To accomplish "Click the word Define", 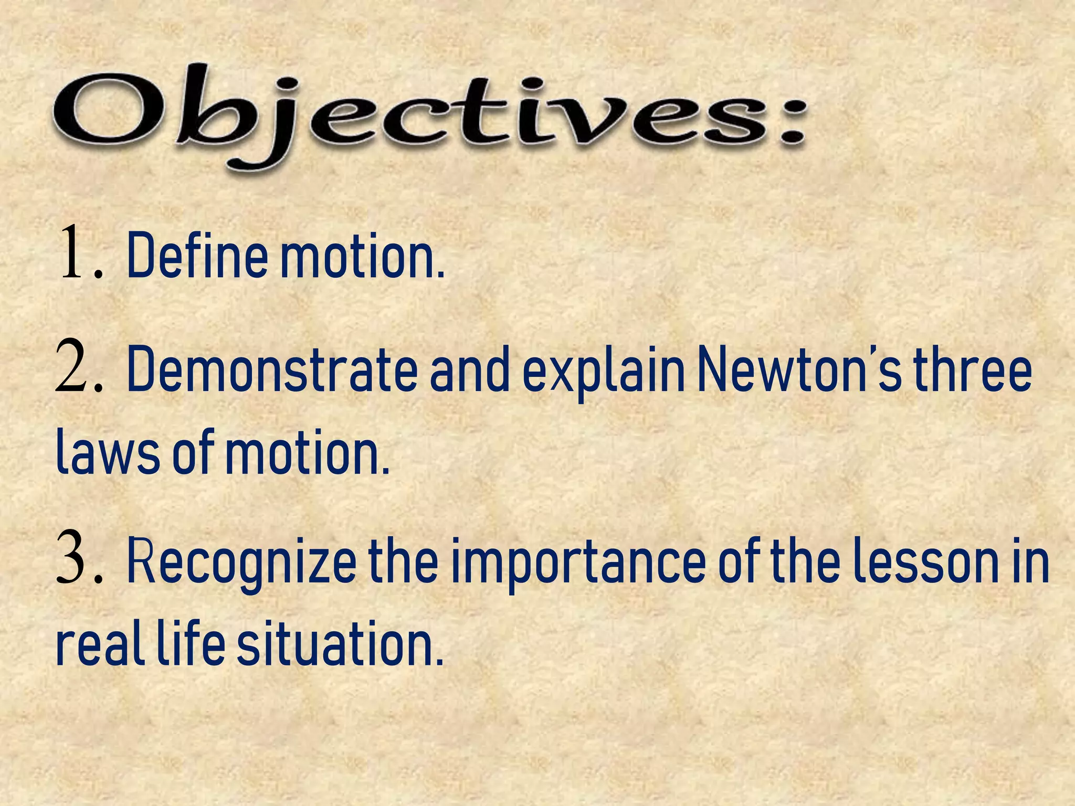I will point(197,255).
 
